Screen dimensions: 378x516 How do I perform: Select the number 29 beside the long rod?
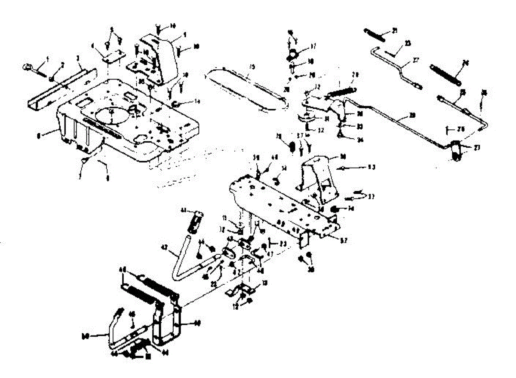412,116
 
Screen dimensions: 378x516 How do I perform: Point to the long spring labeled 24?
445,73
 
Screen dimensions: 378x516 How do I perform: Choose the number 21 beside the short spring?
395,30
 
